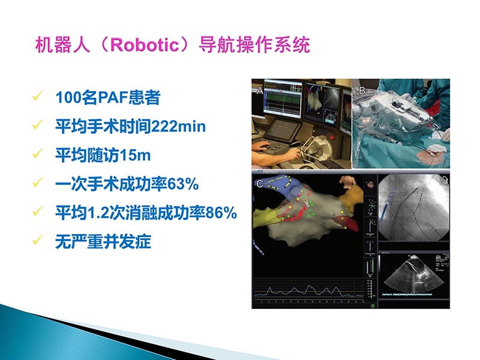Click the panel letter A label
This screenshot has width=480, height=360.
(259, 91)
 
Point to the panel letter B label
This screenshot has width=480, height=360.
(362, 91)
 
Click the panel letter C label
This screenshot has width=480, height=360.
(259, 184)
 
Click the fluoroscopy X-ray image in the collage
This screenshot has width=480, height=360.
(414, 210)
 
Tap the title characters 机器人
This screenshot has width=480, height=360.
(62, 46)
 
